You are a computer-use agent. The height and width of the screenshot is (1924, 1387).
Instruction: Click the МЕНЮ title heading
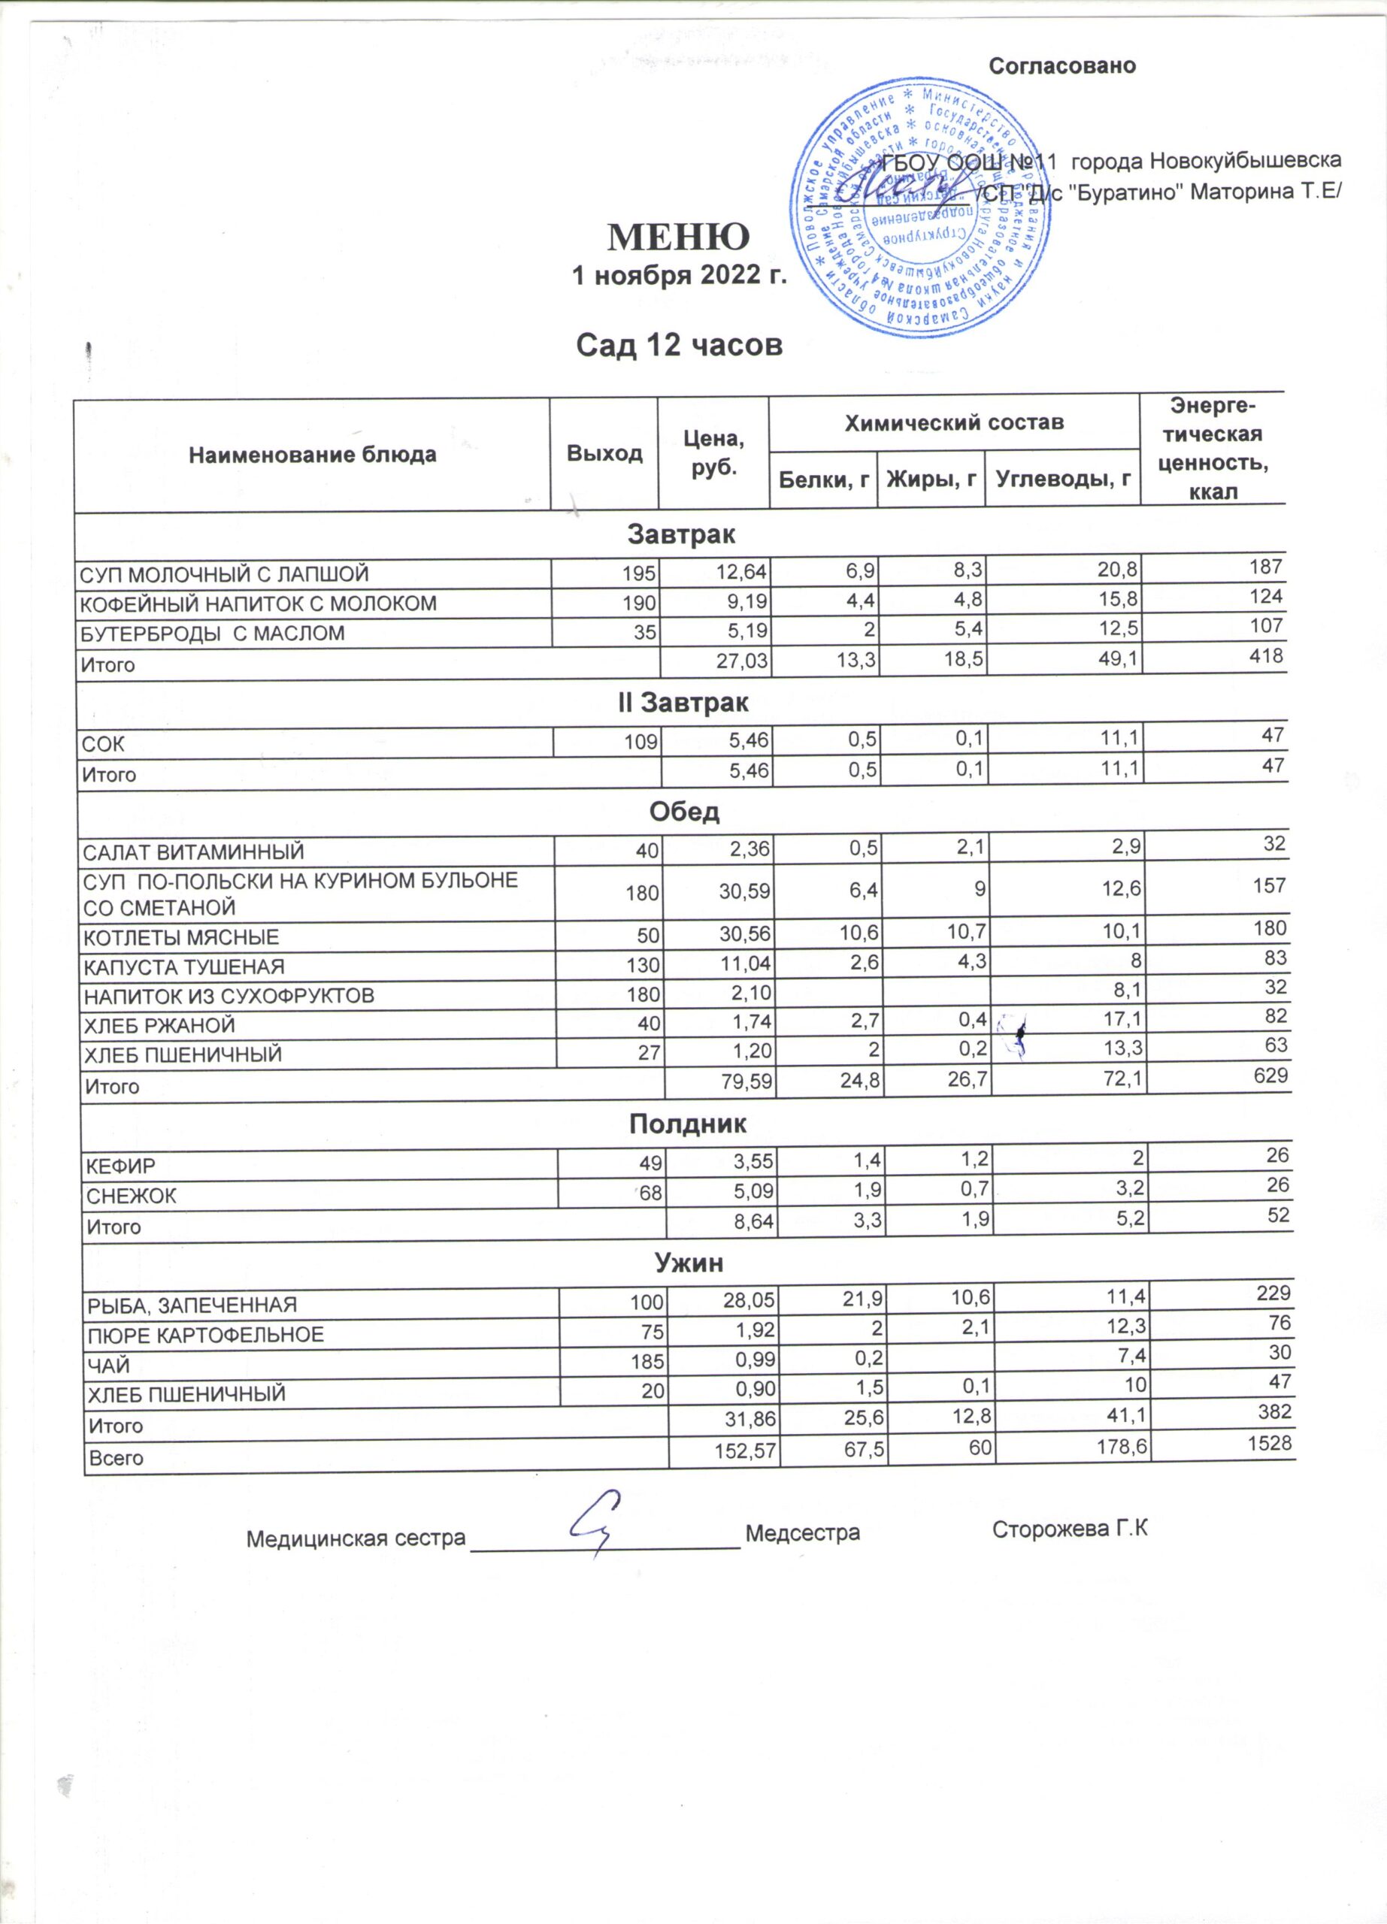679,238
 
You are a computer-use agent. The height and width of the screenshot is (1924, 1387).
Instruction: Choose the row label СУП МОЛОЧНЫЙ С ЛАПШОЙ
224,574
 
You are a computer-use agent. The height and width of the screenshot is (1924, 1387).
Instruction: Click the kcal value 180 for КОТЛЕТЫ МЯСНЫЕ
1269,928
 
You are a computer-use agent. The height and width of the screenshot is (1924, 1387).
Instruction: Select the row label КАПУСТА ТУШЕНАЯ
183,967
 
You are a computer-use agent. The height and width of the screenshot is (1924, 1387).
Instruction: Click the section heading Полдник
688,1125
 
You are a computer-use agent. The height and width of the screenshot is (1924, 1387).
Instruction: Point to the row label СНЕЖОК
132,1197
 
